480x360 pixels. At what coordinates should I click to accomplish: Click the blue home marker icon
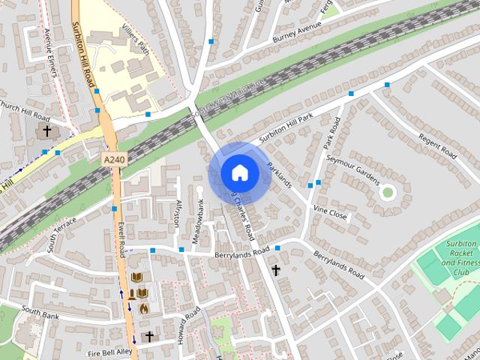(x=239, y=172)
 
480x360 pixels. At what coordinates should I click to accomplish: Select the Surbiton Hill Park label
(x=286, y=128)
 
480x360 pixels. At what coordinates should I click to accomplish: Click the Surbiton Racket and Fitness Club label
(x=458, y=259)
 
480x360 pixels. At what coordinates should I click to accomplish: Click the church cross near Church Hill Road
(x=47, y=131)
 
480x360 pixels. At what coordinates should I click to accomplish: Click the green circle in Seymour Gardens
(x=387, y=193)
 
